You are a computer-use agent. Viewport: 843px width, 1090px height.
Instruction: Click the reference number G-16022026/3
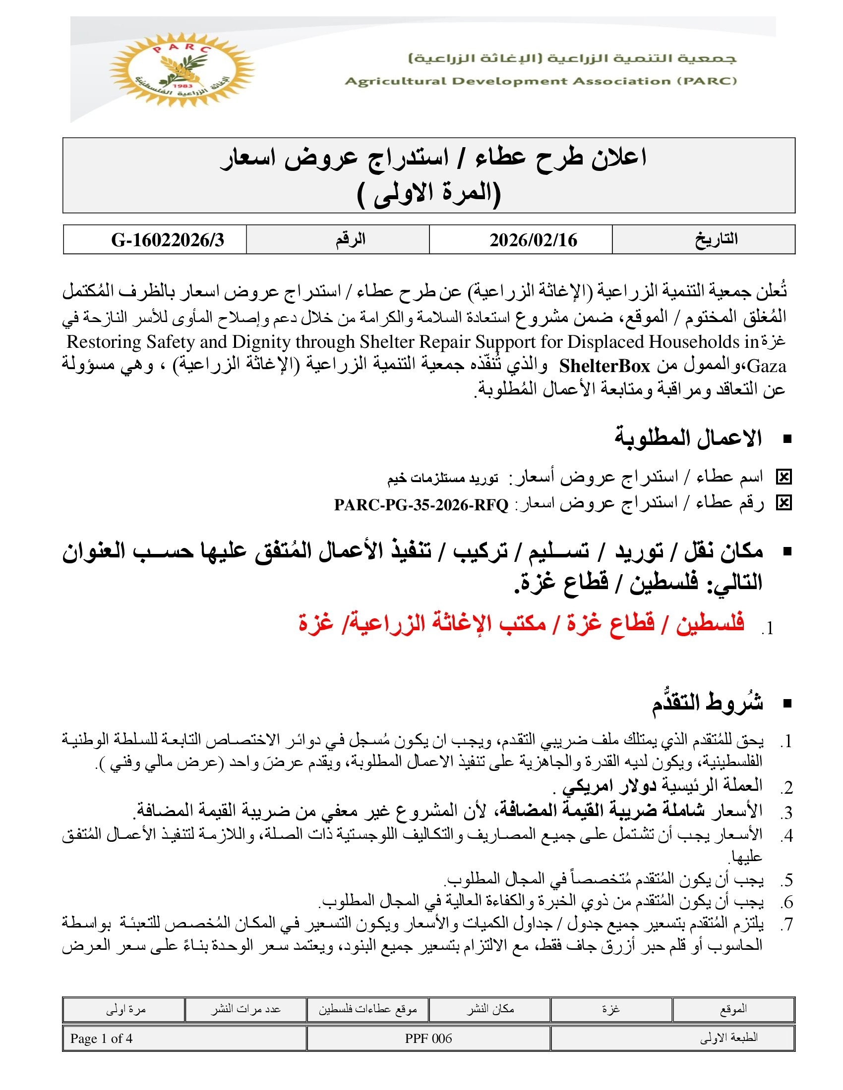(x=167, y=240)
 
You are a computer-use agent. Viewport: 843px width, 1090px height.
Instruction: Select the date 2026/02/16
(x=533, y=240)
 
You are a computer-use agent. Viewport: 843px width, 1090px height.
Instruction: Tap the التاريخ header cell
(x=716, y=240)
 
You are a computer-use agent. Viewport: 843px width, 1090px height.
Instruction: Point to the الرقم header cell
(x=350, y=240)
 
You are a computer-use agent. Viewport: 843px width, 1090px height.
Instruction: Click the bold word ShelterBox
(x=604, y=366)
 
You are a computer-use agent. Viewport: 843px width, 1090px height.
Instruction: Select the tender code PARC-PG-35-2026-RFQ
(x=421, y=505)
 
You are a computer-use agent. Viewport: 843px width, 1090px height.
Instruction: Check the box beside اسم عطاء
(x=784, y=478)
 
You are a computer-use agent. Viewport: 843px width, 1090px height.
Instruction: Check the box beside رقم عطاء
(x=784, y=503)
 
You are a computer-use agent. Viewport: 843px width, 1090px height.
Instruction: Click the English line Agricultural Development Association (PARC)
(x=541, y=81)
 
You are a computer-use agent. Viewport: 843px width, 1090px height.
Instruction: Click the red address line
(x=521, y=624)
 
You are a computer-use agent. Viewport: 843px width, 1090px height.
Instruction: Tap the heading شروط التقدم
(x=707, y=703)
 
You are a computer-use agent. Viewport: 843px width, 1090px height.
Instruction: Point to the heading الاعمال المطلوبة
(x=688, y=438)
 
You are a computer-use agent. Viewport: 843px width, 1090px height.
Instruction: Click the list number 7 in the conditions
(x=787, y=925)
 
